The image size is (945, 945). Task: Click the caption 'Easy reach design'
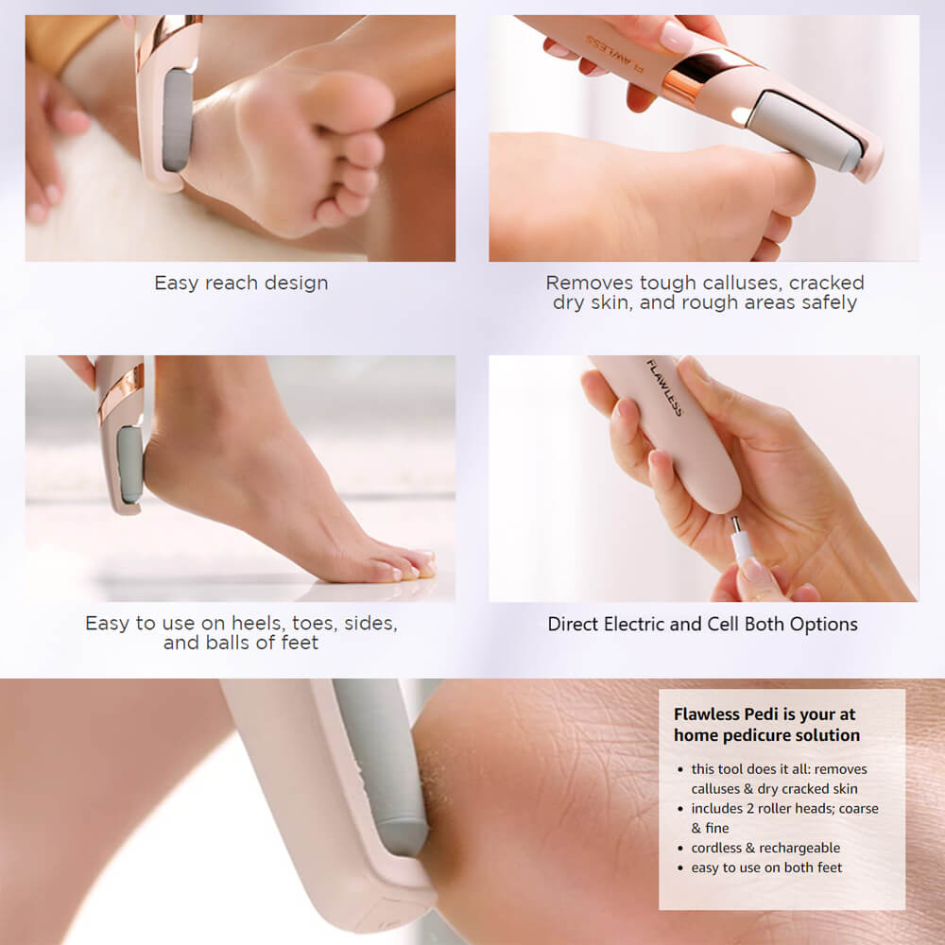pos(241,283)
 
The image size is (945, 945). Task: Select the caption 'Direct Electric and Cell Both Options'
pos(703,625)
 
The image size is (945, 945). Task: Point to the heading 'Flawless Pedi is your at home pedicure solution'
pos(766,725)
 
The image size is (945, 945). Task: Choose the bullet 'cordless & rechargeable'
pos(765,848)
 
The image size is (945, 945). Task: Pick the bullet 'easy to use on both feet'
pos(766,868)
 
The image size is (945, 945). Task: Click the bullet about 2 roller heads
pos(784,817)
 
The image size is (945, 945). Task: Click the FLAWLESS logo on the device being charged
pos(664,387)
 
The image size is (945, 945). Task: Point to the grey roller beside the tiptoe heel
pos(129,463)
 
